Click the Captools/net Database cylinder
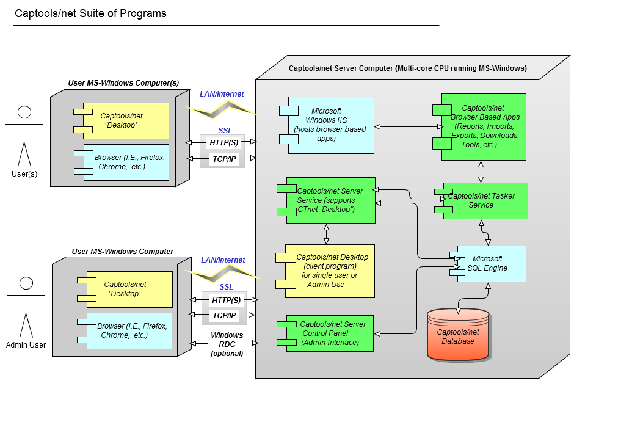458,335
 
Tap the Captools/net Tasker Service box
484,201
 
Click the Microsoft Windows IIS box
330,125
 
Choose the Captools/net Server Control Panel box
330,333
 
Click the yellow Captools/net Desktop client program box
330,271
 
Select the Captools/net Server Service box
330,200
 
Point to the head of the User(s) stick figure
24,112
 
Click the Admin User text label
26,345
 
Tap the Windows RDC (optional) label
227,344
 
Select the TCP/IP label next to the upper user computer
223,158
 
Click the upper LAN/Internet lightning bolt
222,108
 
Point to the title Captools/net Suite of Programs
90,13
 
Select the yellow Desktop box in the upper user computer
125,120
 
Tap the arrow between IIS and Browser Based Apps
407,126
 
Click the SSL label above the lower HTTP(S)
226,287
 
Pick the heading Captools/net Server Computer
407,68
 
